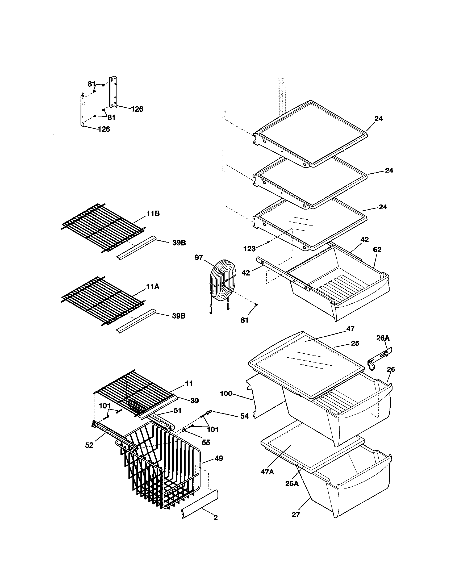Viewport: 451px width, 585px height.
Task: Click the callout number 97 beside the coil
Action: [199, 258]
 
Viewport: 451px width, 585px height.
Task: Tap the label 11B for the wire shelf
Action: [153, 214]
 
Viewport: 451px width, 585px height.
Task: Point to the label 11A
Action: [153, 286]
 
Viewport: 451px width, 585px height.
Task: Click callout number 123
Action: [249, 249]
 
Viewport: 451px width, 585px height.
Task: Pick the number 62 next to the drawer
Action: [377, 250]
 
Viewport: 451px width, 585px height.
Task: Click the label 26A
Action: [383, 338]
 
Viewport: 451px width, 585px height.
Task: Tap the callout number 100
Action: [226, 394]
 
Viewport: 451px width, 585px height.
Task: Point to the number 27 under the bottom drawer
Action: [296, 515]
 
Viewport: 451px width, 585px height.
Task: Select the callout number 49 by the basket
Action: [219, 458]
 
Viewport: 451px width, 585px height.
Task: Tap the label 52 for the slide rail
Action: [89, 445]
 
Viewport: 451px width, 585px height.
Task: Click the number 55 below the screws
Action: [206, 442]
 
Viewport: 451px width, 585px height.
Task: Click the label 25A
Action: [292, 483]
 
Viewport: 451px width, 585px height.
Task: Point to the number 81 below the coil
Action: [244, 320]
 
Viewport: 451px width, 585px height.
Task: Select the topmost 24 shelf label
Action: [378, 119]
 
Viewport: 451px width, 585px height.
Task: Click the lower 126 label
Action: [104, 129]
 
